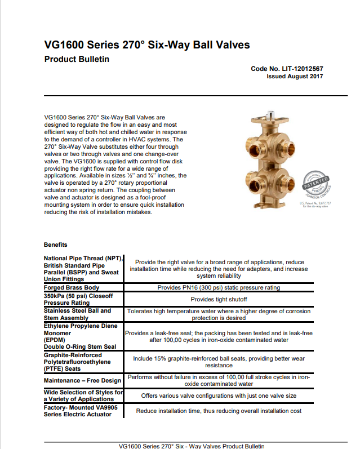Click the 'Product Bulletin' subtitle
click(x=76, y=59)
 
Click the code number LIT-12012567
click(x=287, y=69)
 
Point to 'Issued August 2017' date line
click(x=294, y=77)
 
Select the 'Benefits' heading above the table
click(x=55, y=244)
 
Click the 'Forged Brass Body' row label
click(x=72, y=287)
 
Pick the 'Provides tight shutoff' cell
click(x=219, y=299)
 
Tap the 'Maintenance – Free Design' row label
click(x=82, y=380)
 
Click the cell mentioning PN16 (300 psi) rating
click(x=219, y=287)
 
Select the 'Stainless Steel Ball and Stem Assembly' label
click(x=77, y=314)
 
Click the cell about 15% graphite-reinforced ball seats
click(x=219, y=361)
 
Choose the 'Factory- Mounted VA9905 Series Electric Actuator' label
click(x=78, y=410)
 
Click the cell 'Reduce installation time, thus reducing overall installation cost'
click(x=219, y=411)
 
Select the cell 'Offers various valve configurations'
click(x=219, y=395)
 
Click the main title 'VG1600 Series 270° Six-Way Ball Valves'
click(x=146, y=45)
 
